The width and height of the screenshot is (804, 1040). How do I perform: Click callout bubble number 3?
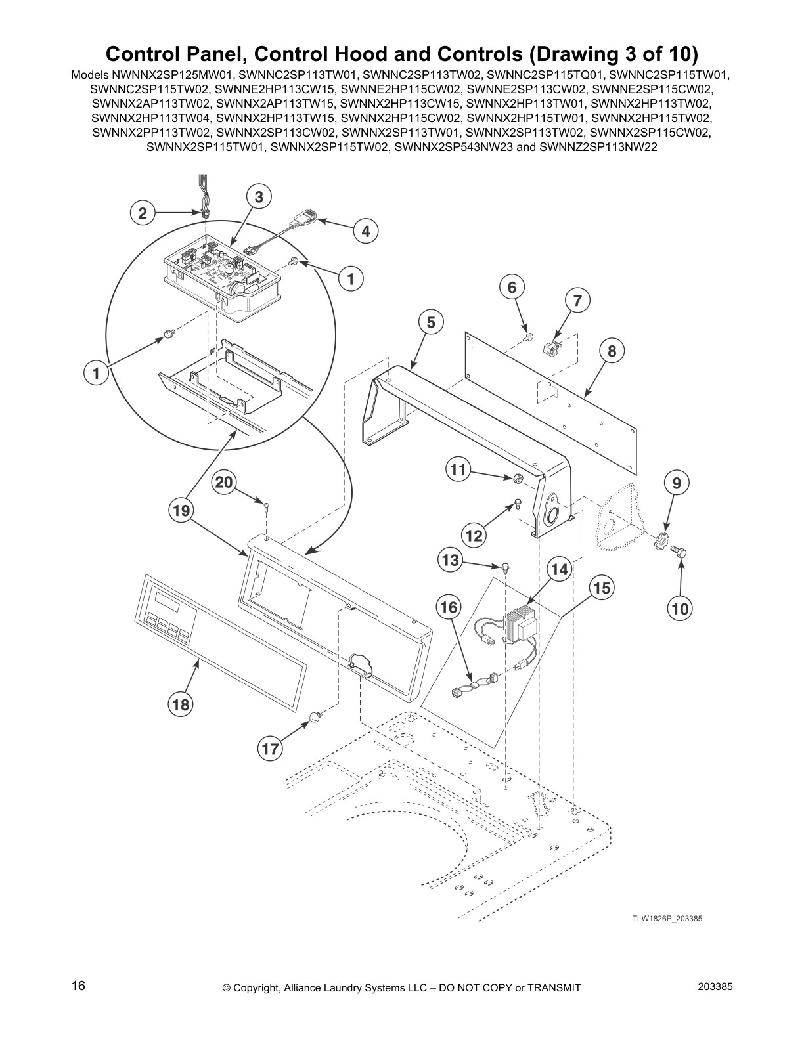click(259, 196)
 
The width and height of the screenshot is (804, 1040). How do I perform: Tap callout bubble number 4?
click(366, 230)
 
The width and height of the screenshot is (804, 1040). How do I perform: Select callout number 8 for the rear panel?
click(612, 351)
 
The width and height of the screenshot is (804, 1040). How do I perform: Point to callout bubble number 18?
click(181, 705)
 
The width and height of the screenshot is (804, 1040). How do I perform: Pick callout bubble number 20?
click(224, 483)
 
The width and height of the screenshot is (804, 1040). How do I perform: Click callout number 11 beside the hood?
click(458, 469)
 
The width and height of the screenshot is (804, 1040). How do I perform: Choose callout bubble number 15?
click(602, 588)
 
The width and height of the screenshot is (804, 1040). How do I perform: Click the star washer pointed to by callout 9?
click(660, 544)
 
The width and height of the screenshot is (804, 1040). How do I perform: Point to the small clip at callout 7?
click(552, 347)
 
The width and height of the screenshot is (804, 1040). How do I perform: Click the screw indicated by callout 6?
click(527, 337)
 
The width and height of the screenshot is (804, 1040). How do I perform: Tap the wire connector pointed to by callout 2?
click(206, 214)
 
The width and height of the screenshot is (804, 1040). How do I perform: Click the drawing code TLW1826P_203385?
click(667, 918)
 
